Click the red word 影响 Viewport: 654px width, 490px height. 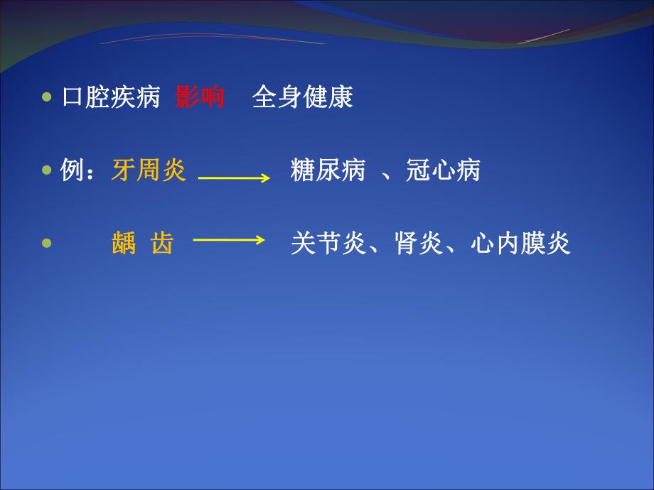[200, 97]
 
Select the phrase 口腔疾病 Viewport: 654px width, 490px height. [110, 97]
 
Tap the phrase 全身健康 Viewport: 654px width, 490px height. [302, 97]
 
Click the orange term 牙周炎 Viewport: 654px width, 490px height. [149, 170]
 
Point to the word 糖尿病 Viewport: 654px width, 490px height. [328, 170]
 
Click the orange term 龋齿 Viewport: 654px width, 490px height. [142, 244]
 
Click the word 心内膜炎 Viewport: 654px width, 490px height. [520, 244]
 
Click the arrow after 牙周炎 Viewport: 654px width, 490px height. [234, 178]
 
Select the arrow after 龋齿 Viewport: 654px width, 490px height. [229, 241]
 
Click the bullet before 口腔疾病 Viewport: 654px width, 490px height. [48, 98]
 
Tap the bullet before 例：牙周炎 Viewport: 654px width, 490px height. [48, 171]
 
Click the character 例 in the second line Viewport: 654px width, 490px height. [73, 170]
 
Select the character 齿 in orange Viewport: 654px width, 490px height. [162, 244]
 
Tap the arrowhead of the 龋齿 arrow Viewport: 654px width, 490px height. [259, 241]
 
